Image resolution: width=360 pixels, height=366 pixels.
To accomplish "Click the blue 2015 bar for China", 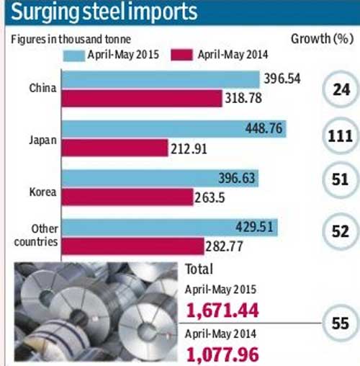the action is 161,79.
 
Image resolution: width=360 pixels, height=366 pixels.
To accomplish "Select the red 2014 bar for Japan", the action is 114,148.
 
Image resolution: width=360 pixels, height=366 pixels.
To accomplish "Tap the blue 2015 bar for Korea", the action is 160,178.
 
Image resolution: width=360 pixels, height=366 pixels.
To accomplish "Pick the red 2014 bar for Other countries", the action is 133,246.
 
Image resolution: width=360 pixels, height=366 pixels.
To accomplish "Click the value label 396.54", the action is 282,79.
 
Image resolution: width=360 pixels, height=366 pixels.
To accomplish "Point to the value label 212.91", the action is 189,149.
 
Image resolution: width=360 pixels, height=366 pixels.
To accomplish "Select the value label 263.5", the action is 210,198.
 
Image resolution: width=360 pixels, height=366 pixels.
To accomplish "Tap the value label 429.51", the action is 254,227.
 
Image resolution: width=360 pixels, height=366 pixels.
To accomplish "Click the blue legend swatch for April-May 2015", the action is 74,55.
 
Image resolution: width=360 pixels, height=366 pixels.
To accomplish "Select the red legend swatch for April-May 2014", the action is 181,55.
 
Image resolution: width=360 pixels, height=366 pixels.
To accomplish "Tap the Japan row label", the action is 43,140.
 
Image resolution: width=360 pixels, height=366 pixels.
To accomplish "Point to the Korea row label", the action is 42,192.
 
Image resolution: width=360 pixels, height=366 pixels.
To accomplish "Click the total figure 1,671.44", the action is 222,310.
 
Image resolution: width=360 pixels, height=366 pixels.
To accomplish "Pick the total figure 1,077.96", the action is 222,354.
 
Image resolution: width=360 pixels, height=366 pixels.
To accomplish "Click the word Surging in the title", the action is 45,12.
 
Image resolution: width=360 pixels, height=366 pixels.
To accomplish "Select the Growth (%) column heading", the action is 322,38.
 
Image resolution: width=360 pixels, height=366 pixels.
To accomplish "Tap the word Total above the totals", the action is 199,269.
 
